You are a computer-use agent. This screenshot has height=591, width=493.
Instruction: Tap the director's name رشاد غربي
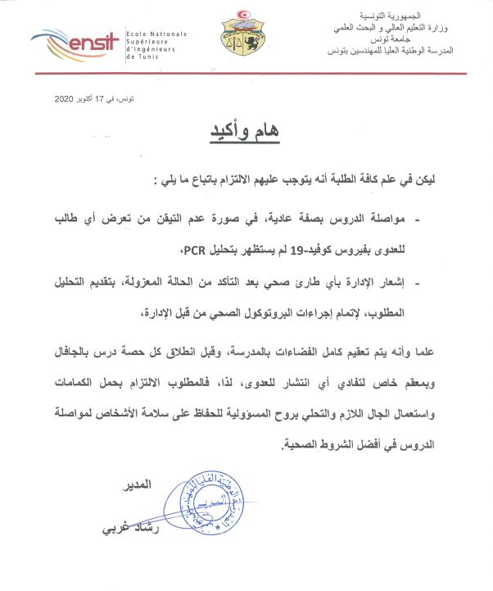coord(124,527)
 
